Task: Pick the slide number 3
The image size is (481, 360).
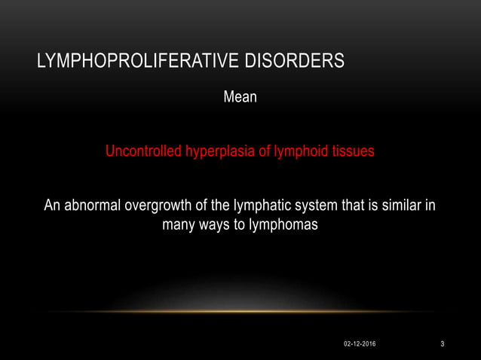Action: (x=443, y=344)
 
